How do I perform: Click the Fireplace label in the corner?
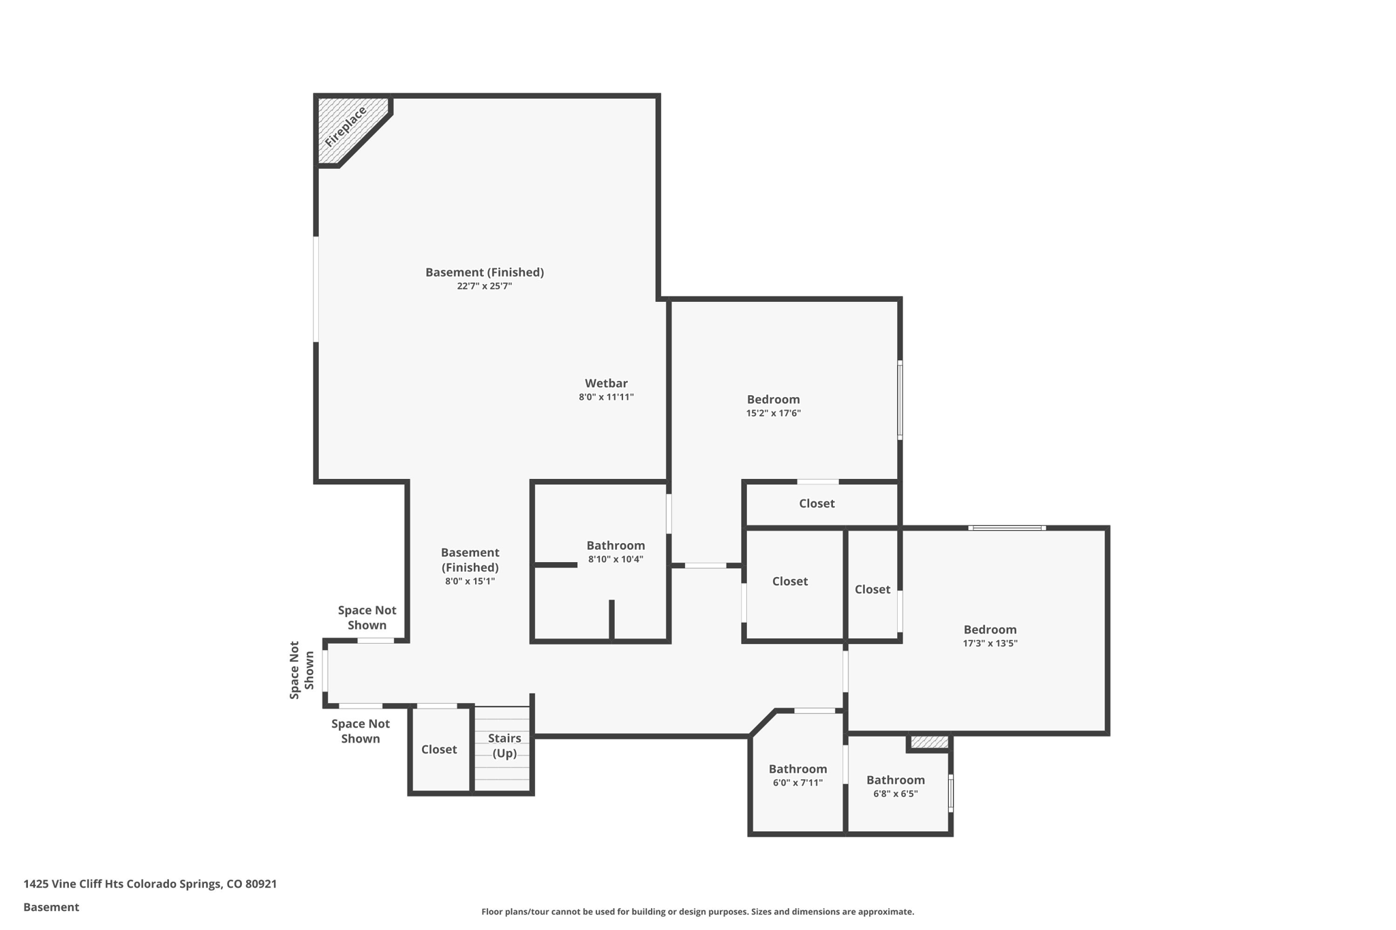point(346,127)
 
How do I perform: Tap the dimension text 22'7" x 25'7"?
point(484,286)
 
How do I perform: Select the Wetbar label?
point(606,383)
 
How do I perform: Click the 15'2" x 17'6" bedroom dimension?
point(773,413)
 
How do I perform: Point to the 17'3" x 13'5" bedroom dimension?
point(990,643)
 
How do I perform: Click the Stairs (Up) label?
point(504,745)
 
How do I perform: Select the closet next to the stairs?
point(439,749)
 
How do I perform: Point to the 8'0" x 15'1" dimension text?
point(470,581)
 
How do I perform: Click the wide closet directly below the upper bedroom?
point(817,503)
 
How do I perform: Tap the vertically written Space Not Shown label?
point(301,670)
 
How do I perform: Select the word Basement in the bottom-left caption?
point(51,907)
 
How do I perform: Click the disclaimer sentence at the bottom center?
point(697,912)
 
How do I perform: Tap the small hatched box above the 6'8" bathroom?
point(929,742)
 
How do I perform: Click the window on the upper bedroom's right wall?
point(900,399)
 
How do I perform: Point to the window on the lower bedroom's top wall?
point(1007,527)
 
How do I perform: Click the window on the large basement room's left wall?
point(316,289)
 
